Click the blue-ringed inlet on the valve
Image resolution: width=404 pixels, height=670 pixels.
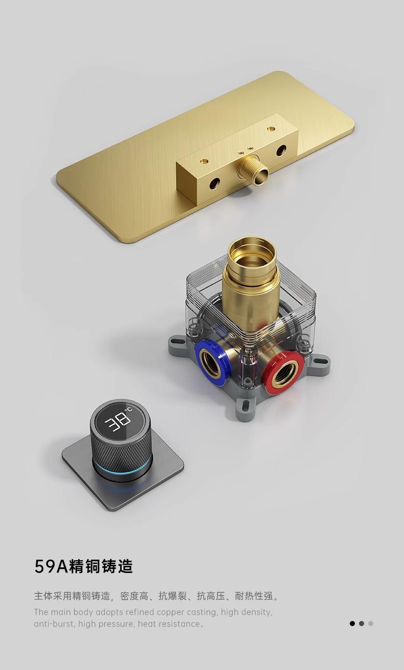click(212, 362)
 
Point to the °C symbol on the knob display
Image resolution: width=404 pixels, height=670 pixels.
click(129, 410)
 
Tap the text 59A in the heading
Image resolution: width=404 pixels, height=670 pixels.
click(51, 566)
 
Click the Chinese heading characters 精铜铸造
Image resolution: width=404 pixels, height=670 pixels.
click(101, 566)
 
